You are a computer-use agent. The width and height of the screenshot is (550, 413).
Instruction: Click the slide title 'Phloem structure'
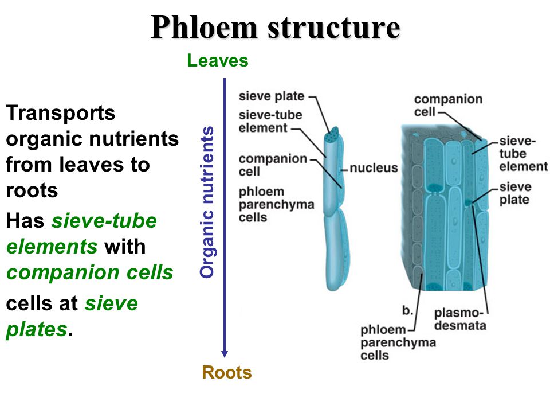point(275,27)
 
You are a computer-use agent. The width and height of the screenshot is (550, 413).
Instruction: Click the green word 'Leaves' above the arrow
point(218,61)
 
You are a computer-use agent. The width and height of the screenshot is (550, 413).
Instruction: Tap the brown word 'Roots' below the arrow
point(227,373)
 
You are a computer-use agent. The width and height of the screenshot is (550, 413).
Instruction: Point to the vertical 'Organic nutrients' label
point(207,202)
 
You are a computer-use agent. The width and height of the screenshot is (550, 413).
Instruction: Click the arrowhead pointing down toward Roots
point(225,352)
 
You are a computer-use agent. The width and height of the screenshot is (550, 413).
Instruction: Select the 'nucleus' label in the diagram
point(374,168)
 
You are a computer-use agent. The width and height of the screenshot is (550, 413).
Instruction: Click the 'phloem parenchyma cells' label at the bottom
point(398,342)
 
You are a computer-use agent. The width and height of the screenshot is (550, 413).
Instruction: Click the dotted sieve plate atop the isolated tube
point(332,135)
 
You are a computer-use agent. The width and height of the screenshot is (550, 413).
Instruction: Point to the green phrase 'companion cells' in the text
point(89,272)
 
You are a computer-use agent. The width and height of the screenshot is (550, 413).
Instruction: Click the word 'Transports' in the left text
point(61,113)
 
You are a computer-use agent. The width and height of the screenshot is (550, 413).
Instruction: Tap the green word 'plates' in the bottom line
point(36,330)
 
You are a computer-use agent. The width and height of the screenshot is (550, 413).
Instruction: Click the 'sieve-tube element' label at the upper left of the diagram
point(270,121)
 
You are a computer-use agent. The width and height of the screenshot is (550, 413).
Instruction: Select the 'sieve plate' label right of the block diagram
point(515,193)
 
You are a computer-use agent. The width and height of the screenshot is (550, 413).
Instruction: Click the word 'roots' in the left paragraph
point(32,190)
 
